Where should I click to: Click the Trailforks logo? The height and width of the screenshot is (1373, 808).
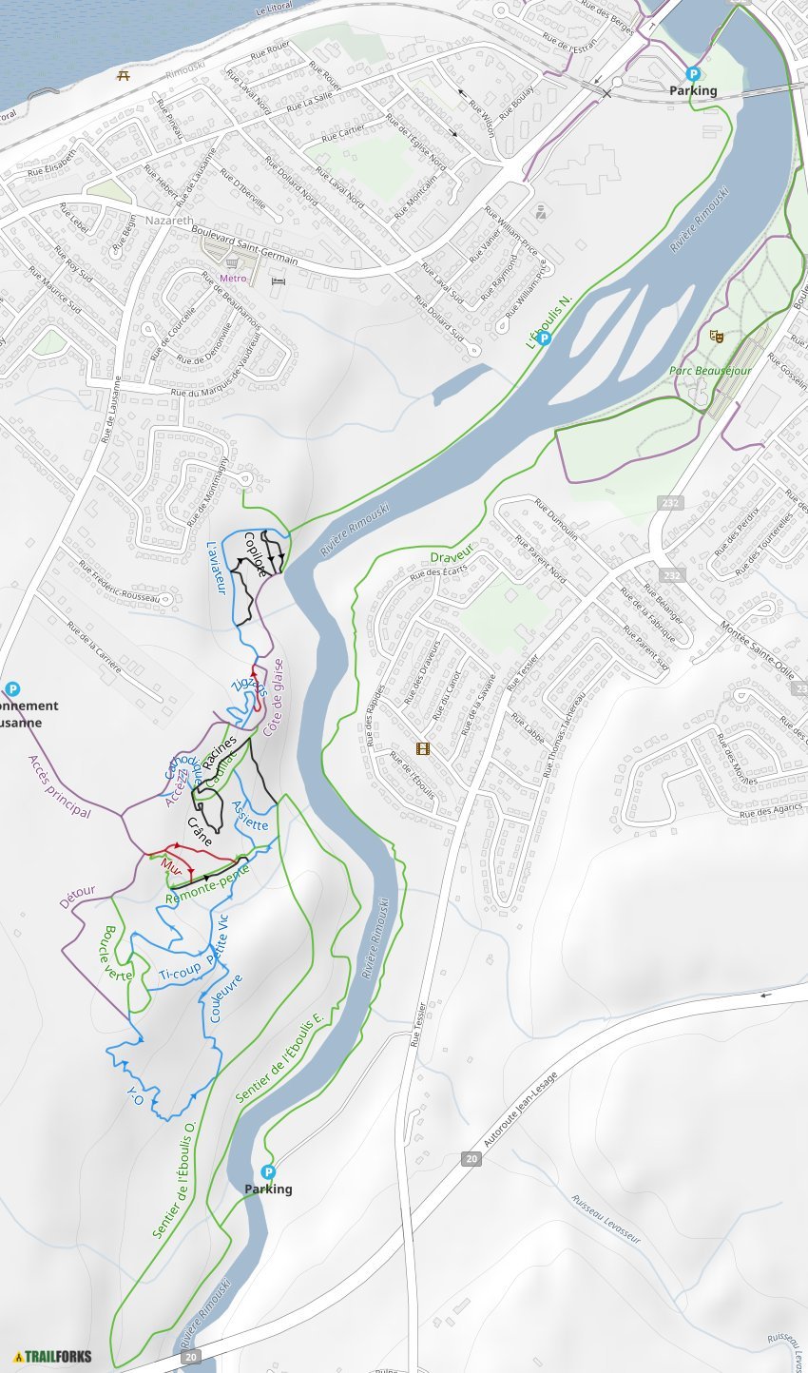coord(53,1356)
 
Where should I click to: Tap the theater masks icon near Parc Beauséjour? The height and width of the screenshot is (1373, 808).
coord(716,336)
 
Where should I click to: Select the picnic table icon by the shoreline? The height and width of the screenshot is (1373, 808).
coord(123,74)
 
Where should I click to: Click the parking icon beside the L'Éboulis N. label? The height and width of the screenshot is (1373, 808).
coord(544,338)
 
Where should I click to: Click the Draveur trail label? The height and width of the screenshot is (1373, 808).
coord(452,556)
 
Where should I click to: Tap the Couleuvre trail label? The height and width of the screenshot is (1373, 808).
coord(226,997)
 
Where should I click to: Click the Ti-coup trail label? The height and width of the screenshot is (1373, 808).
coord(180,975)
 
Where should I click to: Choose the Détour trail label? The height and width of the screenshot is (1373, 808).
coord(77,896)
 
